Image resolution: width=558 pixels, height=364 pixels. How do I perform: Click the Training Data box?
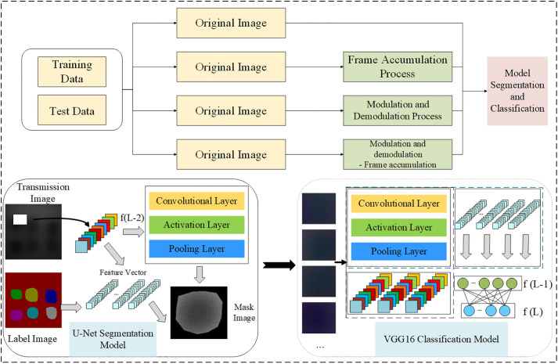click(x=72, y=71)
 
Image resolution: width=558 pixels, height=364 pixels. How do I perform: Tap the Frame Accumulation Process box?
click(x=398, y=67)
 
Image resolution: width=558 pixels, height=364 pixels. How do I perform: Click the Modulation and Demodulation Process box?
click(x=398, y=110)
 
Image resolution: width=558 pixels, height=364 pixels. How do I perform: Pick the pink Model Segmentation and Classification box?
click(x=517, y=91)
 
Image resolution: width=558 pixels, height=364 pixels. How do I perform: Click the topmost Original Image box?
click(x=231, y=23)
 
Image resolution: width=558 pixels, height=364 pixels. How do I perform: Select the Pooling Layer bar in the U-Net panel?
click(x=196, y=249)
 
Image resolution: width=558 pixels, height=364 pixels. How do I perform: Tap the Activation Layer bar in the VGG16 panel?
click(x=399, y=227)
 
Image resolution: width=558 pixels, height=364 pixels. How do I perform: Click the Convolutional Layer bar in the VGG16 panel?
click(x=399, y=204)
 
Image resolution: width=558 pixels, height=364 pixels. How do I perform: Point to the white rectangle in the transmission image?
click(x=20, y=219)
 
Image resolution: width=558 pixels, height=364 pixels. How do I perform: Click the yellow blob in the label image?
click(x=31, y=294)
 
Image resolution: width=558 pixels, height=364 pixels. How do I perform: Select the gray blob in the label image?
click(x=52, y=313)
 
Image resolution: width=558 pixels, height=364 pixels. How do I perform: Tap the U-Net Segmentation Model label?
click(x=113, y=339)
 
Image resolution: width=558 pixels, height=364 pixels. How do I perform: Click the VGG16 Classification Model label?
click(x=441, y=339)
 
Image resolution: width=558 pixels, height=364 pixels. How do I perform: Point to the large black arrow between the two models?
click(x=279, y=265)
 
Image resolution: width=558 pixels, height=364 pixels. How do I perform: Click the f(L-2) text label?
click(x=132, y=218)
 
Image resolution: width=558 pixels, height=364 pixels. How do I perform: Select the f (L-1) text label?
click(x=538, y=284)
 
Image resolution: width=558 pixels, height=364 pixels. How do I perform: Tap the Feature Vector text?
click(x=123, y=272)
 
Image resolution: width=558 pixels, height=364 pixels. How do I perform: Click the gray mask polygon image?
click(x=199, y=312)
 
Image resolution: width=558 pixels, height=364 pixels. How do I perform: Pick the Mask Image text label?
click(x=244, y=312)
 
